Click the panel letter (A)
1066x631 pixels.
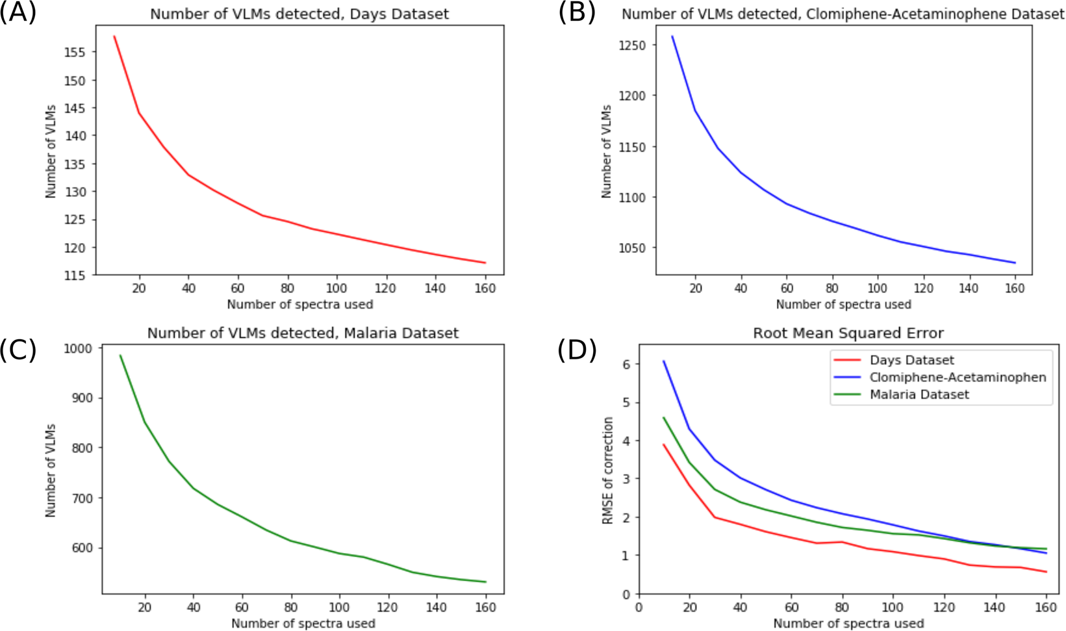(x=18, y=13)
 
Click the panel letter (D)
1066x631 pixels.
(x=577, y=350)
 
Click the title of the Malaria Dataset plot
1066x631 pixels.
(x=303, y=333)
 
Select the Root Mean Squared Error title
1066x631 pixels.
(x=848, y=333)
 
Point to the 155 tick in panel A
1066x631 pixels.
(x=75, y=52)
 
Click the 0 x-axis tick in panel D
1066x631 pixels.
(x=639, y=607)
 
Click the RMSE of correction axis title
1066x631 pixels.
(x=608, y=470)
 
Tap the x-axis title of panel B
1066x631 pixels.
(x=843, y=304)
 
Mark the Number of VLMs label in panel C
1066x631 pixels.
(x=51, y=470)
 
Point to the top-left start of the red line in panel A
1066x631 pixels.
(x=114, y=36)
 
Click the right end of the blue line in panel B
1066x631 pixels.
(x=1015, y=263)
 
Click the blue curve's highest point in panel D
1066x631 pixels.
(x=664, y=361)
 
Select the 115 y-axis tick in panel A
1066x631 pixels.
(x=75, y=275)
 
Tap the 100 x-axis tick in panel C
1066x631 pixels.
(x=338, y=607)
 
